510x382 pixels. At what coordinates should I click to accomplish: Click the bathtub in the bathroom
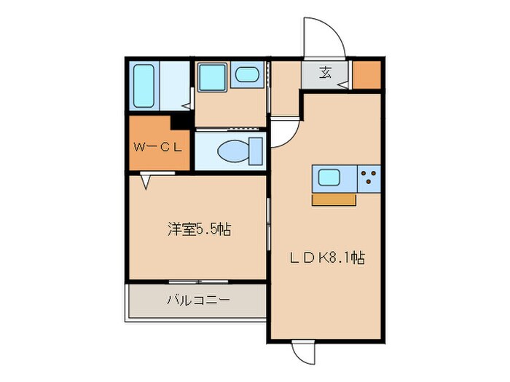(x=144, y=85)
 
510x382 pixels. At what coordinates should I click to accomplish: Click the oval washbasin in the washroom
(x=247, y=75)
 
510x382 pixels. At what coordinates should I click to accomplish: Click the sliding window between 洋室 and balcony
(x=197, y=282)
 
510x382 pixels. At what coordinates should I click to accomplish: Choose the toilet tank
(x=254, y=150)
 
